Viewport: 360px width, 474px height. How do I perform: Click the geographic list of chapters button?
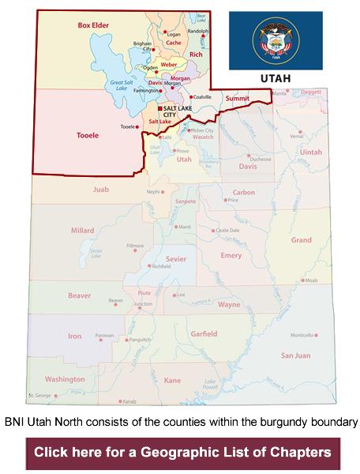(182, 453)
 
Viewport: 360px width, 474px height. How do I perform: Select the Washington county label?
(65, 378)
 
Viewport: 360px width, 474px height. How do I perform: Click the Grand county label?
(301, 239)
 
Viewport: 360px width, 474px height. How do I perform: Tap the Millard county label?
(83, 230)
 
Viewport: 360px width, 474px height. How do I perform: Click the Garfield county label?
(204, 333)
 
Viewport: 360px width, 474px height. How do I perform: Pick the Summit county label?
(237, 99)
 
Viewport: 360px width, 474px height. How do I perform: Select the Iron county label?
(74, 336)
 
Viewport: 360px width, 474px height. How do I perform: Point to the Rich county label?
(197, 55)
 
